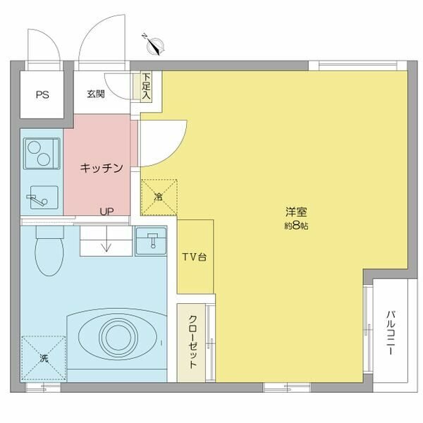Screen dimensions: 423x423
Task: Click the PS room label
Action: (x=42, y=94)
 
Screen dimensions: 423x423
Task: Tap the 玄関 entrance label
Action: (x=96, y=94)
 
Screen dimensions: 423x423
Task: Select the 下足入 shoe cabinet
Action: (x=146, y=86)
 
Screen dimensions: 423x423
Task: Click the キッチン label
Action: (x=102, y=168)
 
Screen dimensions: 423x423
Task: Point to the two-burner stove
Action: (x=42, y=154)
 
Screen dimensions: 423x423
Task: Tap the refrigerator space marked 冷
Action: (x=159, y=197)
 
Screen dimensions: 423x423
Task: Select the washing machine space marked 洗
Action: (x=44, y=358)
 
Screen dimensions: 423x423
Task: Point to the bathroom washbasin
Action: (x=151, y=241)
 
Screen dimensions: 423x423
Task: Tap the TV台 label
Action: (x=195, y=257)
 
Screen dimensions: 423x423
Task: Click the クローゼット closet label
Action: (x=192, y=342)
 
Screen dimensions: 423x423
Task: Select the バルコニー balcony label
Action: (x=391, y=333)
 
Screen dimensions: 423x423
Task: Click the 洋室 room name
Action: (x=296, y=212)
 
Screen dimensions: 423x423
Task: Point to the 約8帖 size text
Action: (x=296, y=226)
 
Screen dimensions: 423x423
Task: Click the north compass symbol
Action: (x=154, y=45)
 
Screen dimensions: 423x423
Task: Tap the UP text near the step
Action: (x=107, y=211)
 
